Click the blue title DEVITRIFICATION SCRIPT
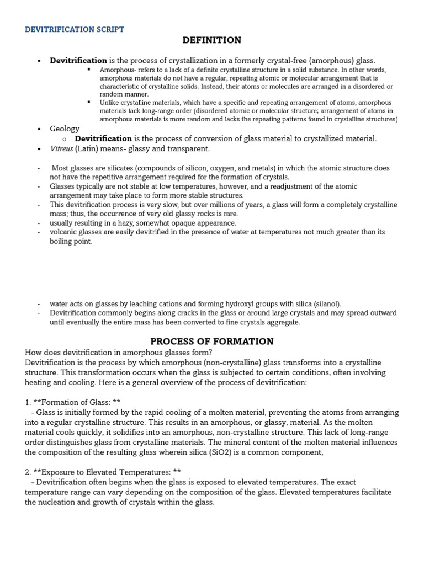pyautogui.click(x=75, y=29)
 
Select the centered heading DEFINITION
pyautogui.click(x=212, y=40)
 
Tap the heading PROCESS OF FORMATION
pyautogui.click(x=212, y=342)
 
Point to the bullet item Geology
pyautogui.click(x=65, y=129)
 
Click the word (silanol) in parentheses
pyautogui.click(x=326, y=304)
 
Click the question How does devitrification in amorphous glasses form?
pyautogui.click(x=119, y=353)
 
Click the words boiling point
pyautogui.click(x=71, y=241)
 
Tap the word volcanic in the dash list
pyautogui.click(x=63, y=232)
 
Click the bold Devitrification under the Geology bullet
pyautogui.click(x=103, y=139)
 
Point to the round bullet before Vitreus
pyautogui.click(x=39, y=150)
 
